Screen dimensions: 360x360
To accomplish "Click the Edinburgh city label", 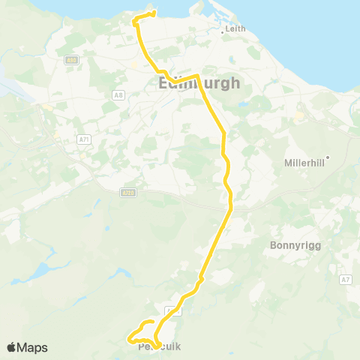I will click(199, 83).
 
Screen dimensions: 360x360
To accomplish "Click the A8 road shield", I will click(118, 94).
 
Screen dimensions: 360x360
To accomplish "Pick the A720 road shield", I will click(128, 193).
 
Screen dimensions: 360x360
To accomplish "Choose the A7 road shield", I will click(344, 280).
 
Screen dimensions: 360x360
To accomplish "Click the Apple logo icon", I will click(12, 347).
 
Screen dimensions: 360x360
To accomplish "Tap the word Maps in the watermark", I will click(33, 347).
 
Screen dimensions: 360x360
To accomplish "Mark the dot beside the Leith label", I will click(223, 31).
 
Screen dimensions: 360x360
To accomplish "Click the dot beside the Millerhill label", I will click(327, 157).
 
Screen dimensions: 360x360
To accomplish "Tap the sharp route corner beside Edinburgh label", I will click(196, 76).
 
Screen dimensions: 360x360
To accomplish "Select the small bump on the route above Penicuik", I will click(199, 281).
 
